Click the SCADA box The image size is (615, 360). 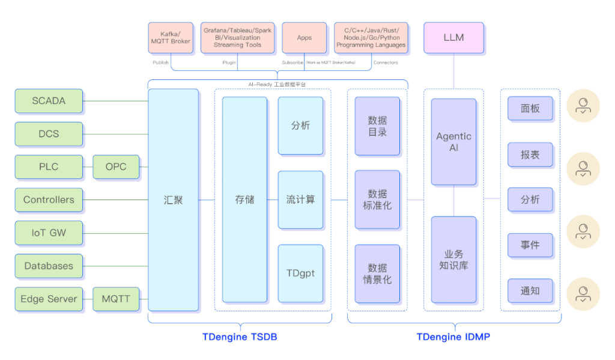point(49,101)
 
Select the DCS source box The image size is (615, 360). point(49,133)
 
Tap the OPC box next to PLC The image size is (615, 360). point(116,166)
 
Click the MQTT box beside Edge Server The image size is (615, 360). point(116,299)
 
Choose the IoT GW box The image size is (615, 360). point(49,233)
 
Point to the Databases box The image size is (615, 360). point(49,266)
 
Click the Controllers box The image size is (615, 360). point(49,200)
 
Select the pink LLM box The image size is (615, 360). point(453,37)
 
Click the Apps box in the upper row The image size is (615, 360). point(304,37)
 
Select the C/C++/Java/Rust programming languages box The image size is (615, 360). point(371,37)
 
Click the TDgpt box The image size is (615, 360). point(300,273)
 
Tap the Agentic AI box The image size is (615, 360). point(453,142)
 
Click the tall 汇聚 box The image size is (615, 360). point(174,200)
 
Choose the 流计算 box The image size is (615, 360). point(300,200)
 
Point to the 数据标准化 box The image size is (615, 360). point(377,200)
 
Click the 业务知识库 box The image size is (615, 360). point(453,260)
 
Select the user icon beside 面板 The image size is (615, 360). point(583,107)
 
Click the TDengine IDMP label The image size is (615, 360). point(453,337)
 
